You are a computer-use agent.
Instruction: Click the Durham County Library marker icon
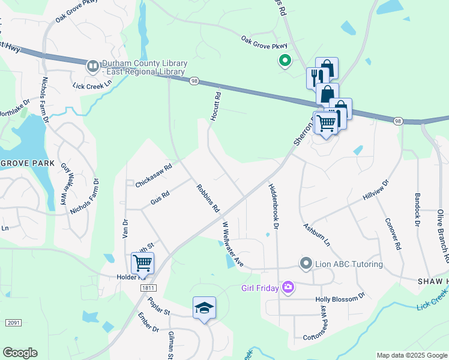(93, 65)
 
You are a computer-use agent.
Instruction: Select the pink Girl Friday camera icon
(288, 288)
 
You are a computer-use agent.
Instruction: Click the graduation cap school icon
(204, 308)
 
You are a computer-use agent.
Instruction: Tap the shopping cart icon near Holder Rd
(142, 262)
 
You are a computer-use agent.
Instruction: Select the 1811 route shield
(149, 288)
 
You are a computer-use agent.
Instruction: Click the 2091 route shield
(13, 323)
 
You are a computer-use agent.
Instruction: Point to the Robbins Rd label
(208, 199)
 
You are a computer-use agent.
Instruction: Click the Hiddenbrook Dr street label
(274, 206)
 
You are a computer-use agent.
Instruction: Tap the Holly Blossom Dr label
(340, 297)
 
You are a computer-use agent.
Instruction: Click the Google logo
(20, 353)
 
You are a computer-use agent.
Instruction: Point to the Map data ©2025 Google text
(412, 355)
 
